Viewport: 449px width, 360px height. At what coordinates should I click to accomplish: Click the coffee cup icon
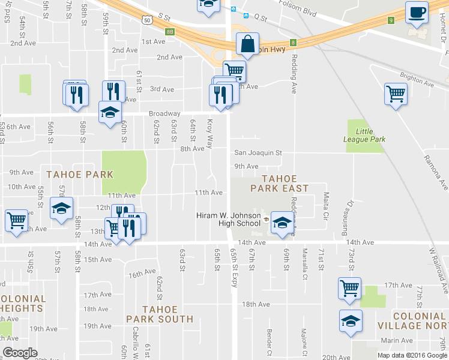(417, 12)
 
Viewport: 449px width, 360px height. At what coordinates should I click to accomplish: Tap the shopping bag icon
(247, 43)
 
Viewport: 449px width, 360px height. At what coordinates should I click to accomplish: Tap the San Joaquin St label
(258, 153)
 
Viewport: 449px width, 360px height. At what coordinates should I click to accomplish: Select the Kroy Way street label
(209, 133)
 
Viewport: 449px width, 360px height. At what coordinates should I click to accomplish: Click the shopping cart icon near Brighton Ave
(396, 94)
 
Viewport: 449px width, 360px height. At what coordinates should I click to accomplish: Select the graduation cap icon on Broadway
(110, 112)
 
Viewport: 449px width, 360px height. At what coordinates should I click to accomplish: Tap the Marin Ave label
(396, 340)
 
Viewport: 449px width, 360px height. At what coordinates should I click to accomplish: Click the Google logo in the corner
(20, 353)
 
